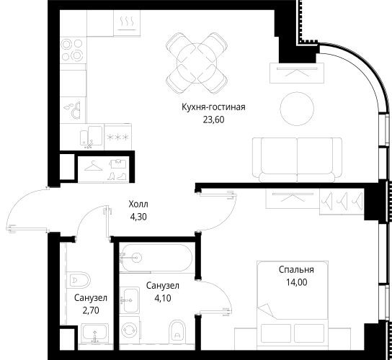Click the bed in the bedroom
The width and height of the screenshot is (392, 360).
click(x=303, y=317)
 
